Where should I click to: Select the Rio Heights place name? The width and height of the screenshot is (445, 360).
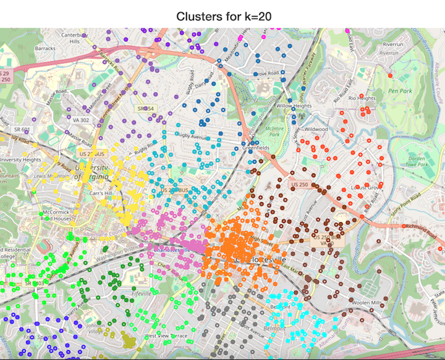[x=362, y=98]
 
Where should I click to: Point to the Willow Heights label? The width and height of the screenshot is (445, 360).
[x=294, y=106]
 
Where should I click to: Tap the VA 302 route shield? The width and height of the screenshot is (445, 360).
[x=80, y=120]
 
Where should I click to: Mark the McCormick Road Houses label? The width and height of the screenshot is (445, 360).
[x=55, y=214]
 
